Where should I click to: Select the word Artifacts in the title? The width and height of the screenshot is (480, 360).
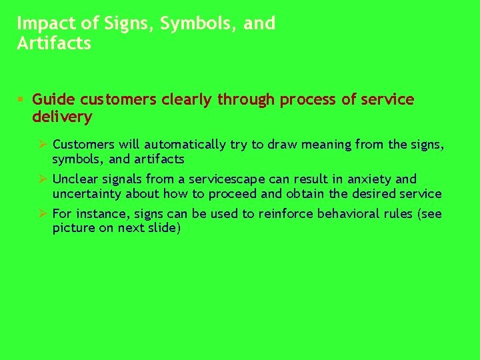[x=54, y=44]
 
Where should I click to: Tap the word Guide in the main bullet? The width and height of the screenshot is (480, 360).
[x=54, y=100]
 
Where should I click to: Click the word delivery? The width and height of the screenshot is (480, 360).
[x=62, y=117]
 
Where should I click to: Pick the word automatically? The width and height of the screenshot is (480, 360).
[x=186, y=144]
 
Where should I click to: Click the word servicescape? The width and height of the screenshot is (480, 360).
[x=229, y=179]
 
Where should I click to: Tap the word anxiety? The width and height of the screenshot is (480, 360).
[x=369, y=179]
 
